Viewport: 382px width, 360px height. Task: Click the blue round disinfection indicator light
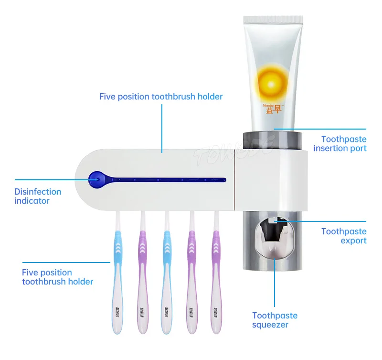pos(96,180)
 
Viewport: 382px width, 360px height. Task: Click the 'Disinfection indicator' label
pos(38,196)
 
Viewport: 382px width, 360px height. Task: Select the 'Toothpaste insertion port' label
pos(340,143)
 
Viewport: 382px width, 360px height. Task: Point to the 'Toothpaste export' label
pos(344,236)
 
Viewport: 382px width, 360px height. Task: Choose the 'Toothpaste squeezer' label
pos(275,320)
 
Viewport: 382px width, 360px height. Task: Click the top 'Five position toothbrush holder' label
pos(161,97)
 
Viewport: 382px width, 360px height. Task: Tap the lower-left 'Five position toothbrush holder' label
pos(57,277)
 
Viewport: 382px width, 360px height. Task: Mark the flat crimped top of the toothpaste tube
pos(273,20)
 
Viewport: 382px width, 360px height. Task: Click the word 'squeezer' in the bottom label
pos(270,325)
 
